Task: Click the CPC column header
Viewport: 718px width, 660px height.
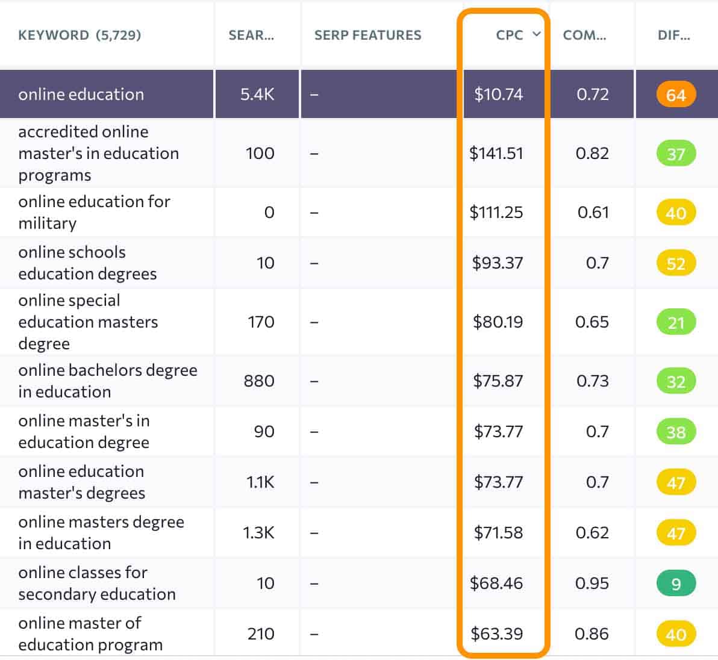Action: [x=509, y=35]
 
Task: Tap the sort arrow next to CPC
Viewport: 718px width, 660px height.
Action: [x=536, y=34]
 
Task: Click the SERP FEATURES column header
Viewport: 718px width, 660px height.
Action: [x=367, y=35]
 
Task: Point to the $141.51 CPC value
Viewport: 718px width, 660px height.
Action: [x=496, y=154]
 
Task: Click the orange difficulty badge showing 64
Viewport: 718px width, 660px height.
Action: [x=675, y=95]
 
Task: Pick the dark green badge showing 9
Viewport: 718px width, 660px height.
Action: [x=675, y=584]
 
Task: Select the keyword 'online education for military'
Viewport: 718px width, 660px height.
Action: [x=94, y=212]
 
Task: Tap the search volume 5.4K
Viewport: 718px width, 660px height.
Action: [x=257, y=95]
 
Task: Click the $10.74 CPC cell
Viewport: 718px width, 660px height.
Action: [x=498, y=95]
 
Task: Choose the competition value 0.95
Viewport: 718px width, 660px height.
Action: [x=592, y=584]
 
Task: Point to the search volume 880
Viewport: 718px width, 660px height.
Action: [x=259, y=381]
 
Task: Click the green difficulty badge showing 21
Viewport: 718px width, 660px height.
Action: [x=675, y=322]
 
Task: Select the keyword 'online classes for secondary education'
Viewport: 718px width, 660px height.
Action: [x=96, y=583]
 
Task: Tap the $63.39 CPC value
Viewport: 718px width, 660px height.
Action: [x=496, y=634]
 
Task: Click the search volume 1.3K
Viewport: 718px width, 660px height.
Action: [x=258, y=533]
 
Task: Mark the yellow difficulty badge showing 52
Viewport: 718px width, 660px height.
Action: [x=675, y=263]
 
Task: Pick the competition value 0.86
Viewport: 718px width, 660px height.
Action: [x=592, y=634]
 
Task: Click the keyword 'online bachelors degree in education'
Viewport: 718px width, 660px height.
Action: [x=107, y=381]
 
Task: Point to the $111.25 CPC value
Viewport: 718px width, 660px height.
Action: [x=496, y=213]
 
